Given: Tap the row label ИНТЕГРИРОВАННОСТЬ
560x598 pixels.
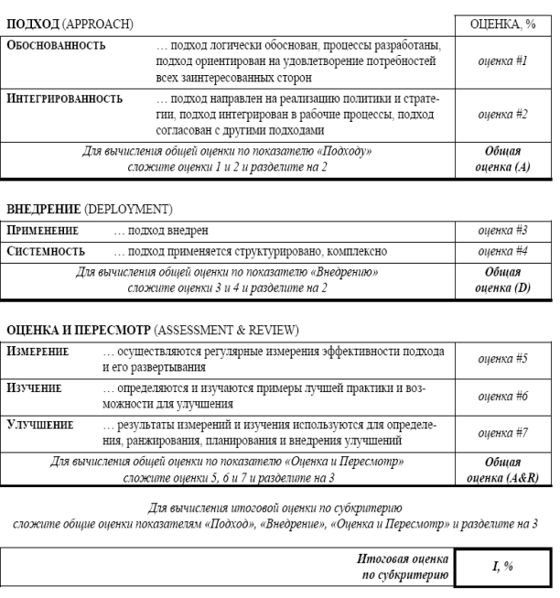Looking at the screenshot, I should (x=63, y=97).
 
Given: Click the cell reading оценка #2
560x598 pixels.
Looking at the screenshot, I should (x=501, y=115).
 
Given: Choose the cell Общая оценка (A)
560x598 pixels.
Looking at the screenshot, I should (x=501, y=159).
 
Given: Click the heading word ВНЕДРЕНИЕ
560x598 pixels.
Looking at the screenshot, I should (x=39, y=210).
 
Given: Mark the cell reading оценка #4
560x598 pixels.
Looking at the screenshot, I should (x=501, y=251).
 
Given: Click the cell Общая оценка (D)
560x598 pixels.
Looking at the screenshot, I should (x=501, y=280).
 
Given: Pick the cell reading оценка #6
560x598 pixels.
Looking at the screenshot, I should (x=501, y=396).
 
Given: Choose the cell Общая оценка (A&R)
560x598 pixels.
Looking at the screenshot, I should (x=501, y=470).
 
